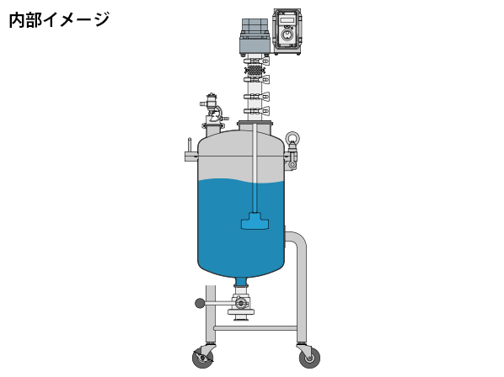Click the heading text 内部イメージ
[59, 20]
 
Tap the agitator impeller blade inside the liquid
[255, 221]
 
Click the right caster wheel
[309, 358]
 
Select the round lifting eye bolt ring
[292, 137]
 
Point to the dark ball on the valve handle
[200, 303]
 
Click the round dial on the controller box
[286, 35]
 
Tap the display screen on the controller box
[286, 20]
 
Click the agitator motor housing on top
[255, 36]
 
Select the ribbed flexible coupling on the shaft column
[255, 70]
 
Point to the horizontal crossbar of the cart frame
[255, 328]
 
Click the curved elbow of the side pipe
[299, 239]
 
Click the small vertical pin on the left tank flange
[190, 146]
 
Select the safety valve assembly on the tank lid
[212, 111]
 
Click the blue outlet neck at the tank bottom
[241, 281]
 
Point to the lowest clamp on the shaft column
[256, 111]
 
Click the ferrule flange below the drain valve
[241, 311]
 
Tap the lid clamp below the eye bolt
[292, 157]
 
